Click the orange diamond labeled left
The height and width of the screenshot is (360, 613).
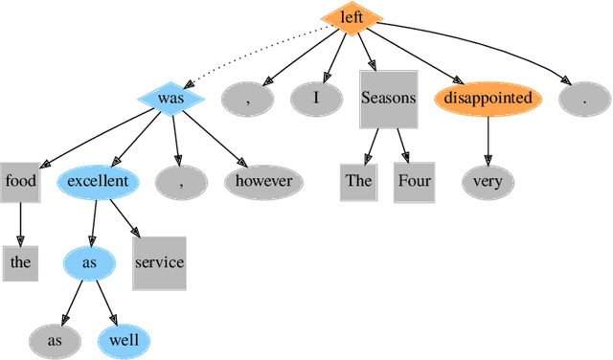(x=352, y=16)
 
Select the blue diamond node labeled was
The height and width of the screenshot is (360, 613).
(x=171, y=97)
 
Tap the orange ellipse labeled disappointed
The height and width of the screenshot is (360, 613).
(x=488, y=98)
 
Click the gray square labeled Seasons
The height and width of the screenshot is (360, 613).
(x=388, y=98)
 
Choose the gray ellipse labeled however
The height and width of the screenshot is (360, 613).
(x=265, y=180)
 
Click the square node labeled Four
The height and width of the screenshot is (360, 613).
(x=414, y=181)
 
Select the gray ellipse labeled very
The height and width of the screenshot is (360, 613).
(x=488, y=181)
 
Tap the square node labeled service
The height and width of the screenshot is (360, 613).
(x=159, y=262)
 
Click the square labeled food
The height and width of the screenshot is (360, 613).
(x=20, y=180)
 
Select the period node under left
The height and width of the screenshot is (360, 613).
(x=583, y=98)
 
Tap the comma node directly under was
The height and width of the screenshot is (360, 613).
(x=181, y=180)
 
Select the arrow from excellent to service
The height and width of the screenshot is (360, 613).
(x=125, y=217)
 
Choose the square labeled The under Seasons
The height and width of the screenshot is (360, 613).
(x=358, y=181)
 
